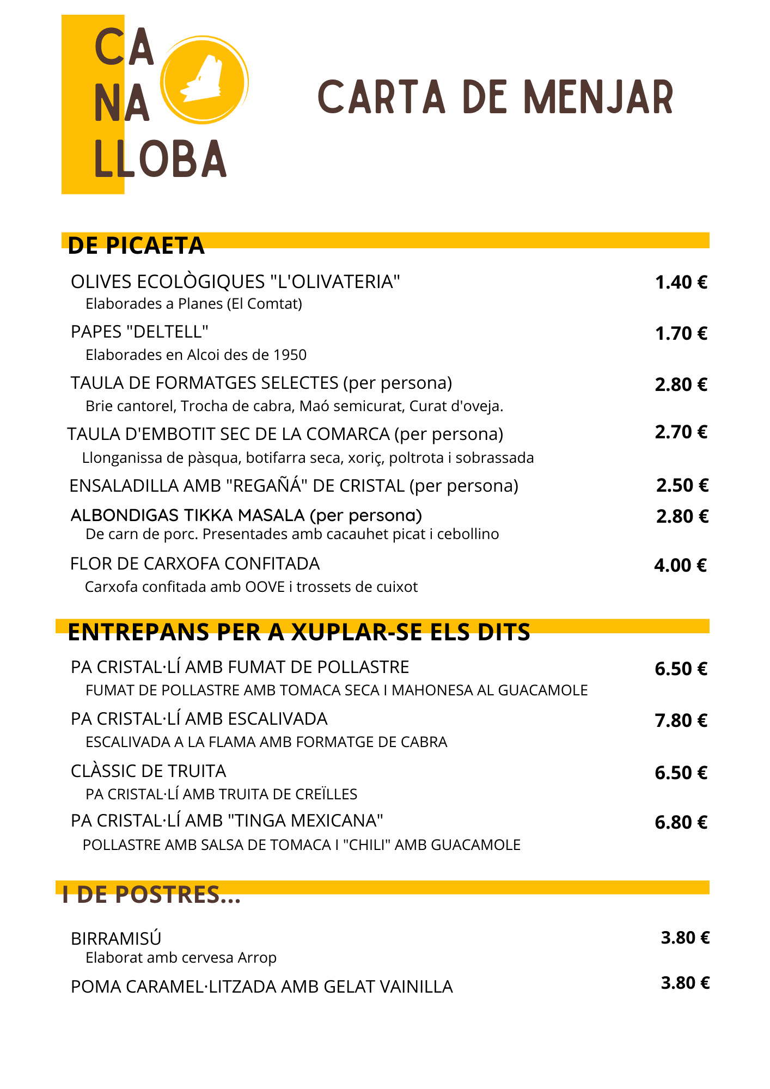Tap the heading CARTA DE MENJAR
click(x=496, y=98)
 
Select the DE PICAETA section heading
click(x=136, y=246)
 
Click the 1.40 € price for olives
click(x=681, y=283)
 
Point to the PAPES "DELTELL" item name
click(x=140, y=332)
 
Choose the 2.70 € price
click(x=681, y=432)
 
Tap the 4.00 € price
click(x=680, y=566)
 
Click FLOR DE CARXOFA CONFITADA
click(x=195, y=564)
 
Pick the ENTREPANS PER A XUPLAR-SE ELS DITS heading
click(x=298, y=632)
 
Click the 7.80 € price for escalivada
click(x=681, y=721)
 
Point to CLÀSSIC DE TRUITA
click(x=148, y=771)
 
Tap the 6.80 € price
click(x=681, y=823)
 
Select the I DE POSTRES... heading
click(x=151, y=895)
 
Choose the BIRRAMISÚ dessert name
click(x=116, y=939)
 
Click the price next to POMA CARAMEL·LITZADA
click(x=685, y=983)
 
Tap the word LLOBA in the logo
click(x=161, y=159)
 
